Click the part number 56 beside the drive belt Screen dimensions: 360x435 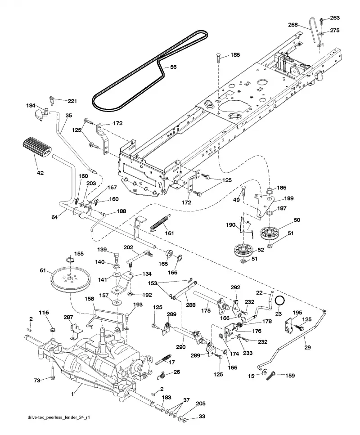(x=173, y=67)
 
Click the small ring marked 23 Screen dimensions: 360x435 (x=280, y=300)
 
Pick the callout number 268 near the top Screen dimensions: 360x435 (x=293, y=25)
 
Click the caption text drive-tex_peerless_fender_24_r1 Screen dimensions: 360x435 (x=59, y=417)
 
